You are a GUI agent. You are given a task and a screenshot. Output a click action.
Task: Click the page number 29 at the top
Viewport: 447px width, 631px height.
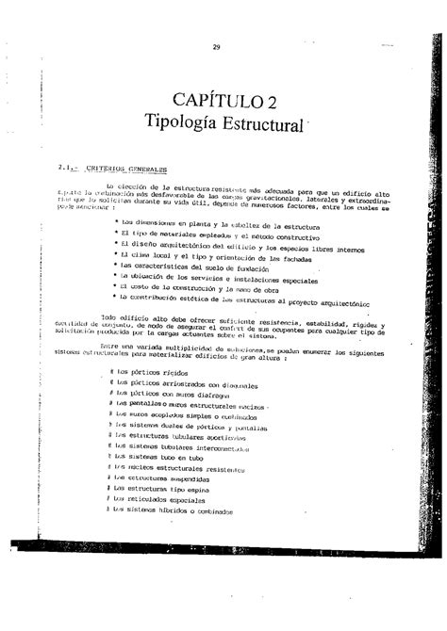coord(216,47)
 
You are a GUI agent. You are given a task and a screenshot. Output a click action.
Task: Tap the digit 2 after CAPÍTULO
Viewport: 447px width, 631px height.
coord(271,100)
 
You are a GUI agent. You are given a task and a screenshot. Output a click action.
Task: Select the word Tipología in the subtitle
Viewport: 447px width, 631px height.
coord(175,122)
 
